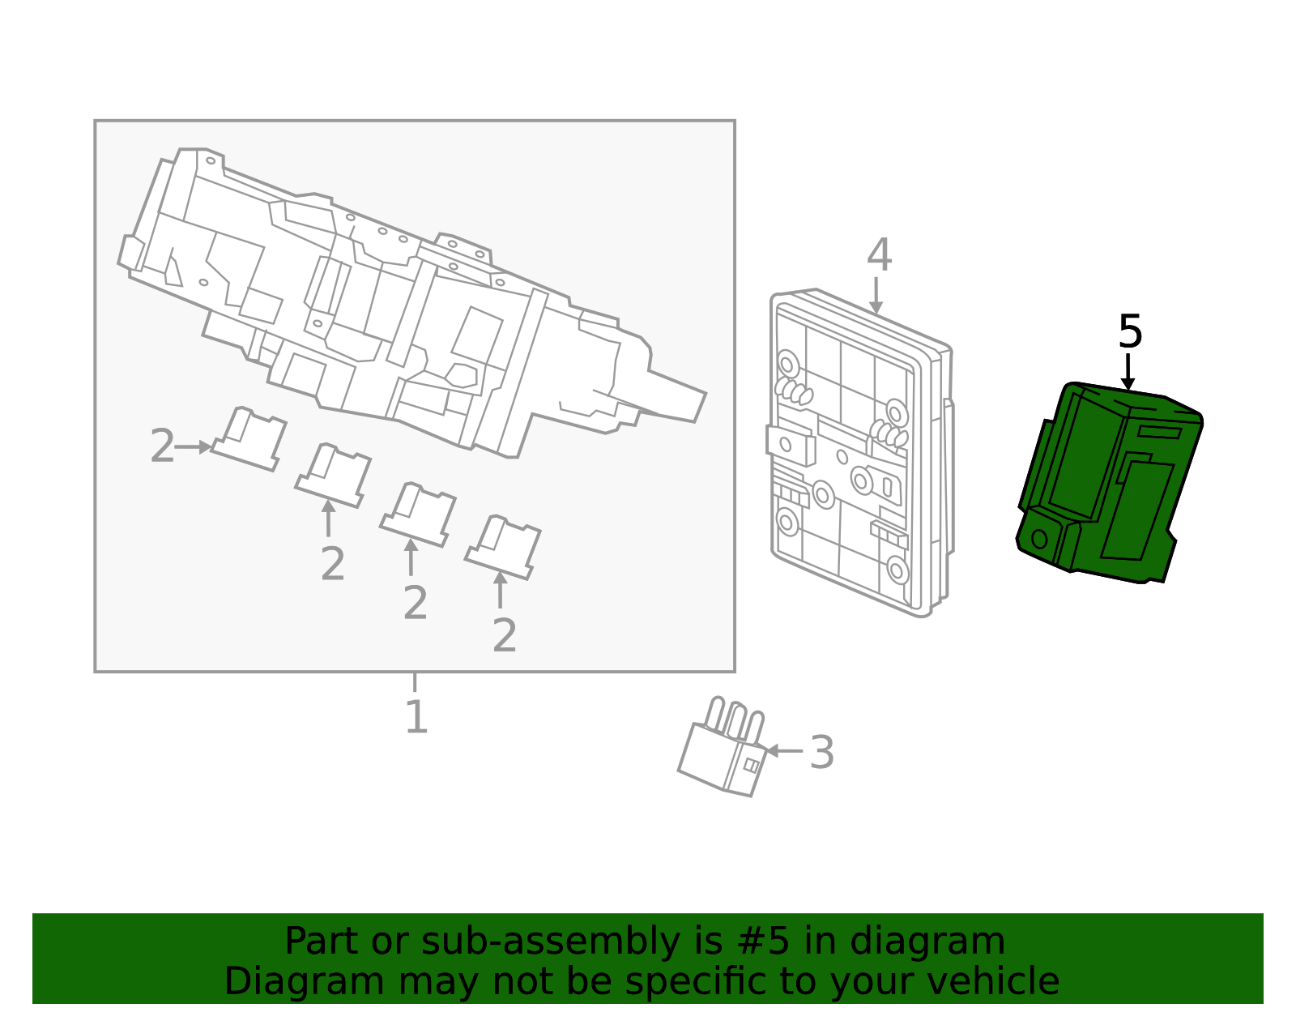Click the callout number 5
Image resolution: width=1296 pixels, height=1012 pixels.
click(x=1129, y=332)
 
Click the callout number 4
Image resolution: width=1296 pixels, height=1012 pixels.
click(x=879, y=255)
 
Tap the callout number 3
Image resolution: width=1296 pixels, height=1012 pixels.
click(x=821, y=753)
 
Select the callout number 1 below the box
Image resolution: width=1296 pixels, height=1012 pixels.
click(x=416, y=717)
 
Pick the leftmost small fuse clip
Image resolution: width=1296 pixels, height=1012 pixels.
click(x=249, y=439)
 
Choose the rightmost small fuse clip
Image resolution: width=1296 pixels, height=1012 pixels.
click(x=503, y=547)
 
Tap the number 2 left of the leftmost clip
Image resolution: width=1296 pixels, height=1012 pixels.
click(x=162, y=446)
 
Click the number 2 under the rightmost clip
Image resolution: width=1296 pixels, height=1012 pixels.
click(x=504, y=636)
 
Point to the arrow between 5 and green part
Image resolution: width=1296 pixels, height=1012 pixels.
click(x=1128, y=373)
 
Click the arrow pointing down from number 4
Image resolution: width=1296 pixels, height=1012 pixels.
click(x=876, y=296)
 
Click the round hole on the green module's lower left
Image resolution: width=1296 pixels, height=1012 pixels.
click(x=1039, y=539)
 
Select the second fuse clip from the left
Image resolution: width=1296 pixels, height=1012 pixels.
click(x=334, y=476)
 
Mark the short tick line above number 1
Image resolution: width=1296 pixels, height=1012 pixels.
click(x=415, y=681)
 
